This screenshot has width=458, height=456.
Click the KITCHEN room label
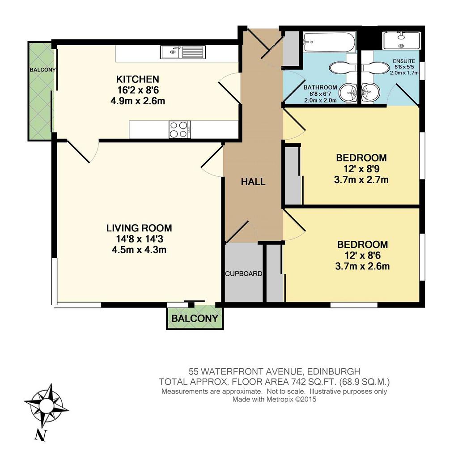coord(138,79)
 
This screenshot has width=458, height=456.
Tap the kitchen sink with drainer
coord(183,52)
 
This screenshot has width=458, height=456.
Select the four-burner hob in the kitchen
coord(179,129)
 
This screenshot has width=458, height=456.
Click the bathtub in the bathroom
coord(330,42)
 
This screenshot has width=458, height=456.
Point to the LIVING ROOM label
coord(139,228)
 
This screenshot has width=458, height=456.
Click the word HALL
coord(253,182)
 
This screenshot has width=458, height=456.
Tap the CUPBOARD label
coord(244,274)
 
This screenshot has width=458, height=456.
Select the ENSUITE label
coord(404,61)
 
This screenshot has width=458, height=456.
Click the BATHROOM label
coord(320,87)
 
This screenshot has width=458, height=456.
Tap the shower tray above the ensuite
coord(402,41)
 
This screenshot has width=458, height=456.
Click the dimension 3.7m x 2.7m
coord(361,179)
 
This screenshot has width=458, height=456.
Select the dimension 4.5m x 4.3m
coord(139,250)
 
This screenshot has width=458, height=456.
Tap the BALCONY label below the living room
coord(195,318)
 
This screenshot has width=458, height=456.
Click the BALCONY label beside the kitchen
coord(42,70)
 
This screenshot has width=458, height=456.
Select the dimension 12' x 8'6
coord(362,256)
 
